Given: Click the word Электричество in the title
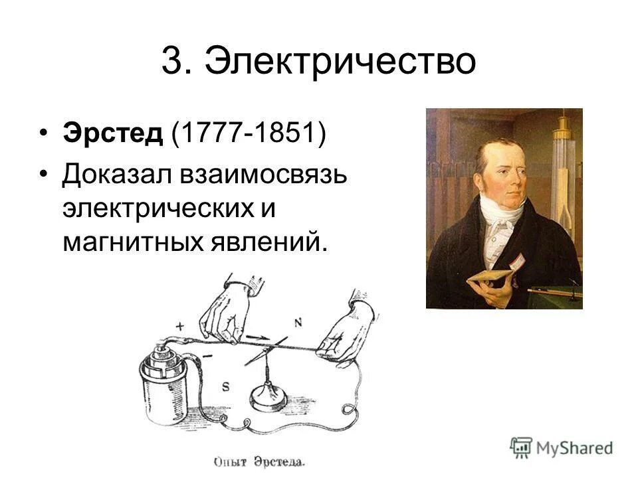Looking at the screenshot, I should [340, 63].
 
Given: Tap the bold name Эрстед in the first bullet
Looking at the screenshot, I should [113, 133].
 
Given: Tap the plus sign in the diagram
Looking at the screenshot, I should [180, 326].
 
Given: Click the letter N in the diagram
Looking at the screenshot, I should [298, 322].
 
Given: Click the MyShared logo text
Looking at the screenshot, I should [574, 447].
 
